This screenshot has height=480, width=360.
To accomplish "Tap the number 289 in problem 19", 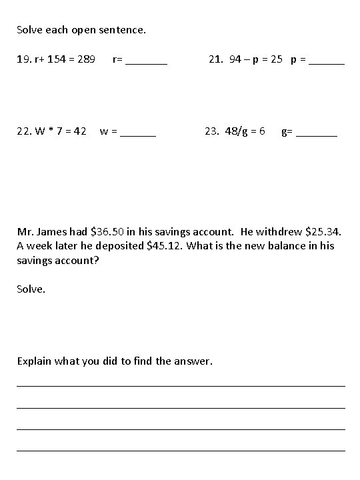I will click(85, 60).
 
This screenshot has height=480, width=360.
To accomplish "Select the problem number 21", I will click(215, 60).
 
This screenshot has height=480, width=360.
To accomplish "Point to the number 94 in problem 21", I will click(235, 60).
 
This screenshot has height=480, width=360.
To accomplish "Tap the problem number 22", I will click(24, 131).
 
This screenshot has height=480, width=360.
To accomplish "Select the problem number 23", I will click(211, 131).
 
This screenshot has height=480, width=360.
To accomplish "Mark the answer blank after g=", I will click(317, 133).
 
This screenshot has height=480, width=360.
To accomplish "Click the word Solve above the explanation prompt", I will click(31, 290).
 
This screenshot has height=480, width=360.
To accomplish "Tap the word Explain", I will click(35, 361).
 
